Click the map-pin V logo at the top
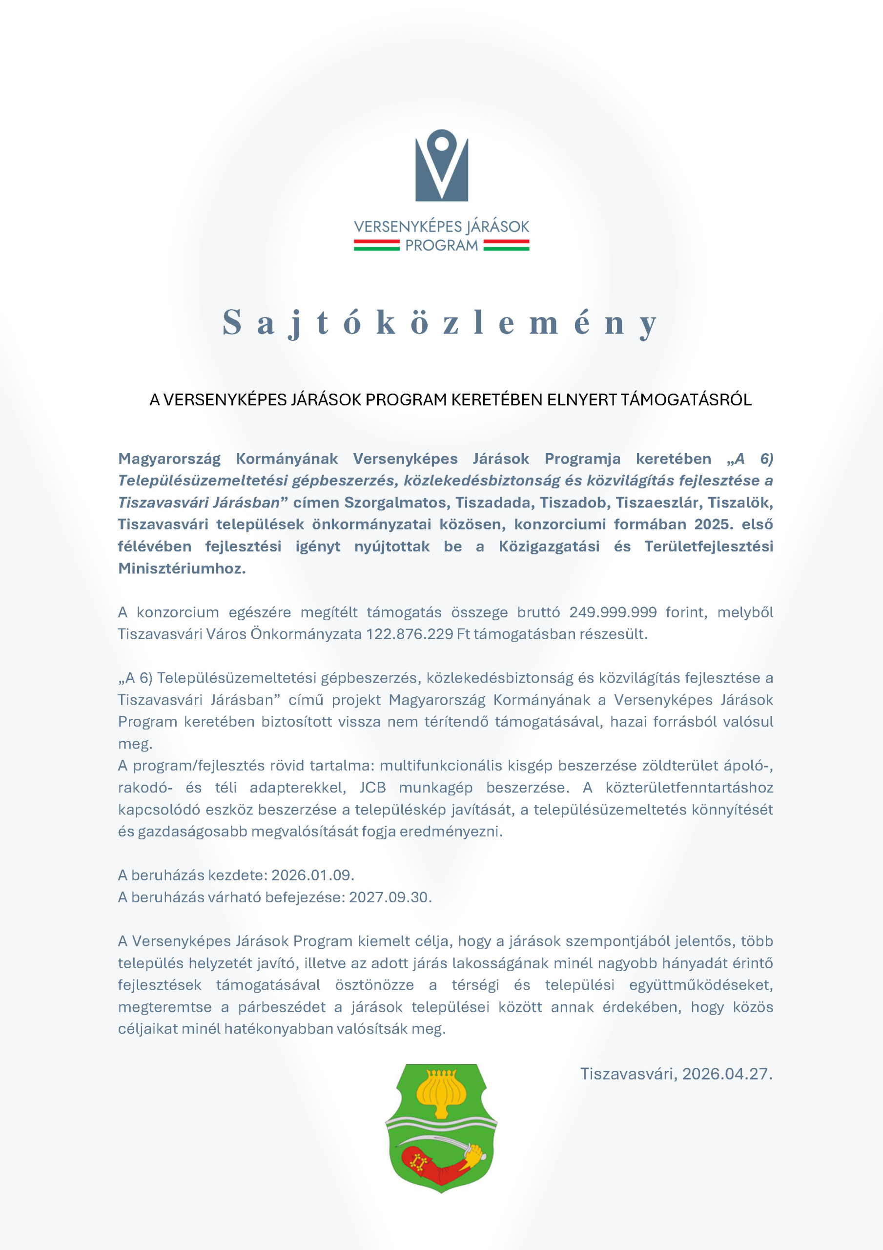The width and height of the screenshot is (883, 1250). point(441,165)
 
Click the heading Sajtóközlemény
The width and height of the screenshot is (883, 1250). point(440,322)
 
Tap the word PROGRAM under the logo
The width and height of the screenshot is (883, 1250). point(441,246)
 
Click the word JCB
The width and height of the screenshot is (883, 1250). point(372,788)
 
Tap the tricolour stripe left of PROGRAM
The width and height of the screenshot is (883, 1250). point(377,246)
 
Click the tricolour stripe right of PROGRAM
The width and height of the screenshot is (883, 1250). point(506,246)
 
